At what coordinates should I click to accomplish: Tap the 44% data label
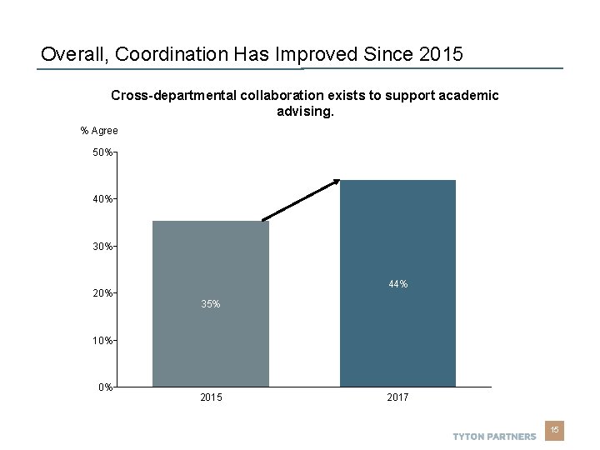tap(397, 285)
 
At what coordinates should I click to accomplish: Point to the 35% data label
tap(211, 304)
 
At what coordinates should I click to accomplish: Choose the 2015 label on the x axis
tap(211, 398)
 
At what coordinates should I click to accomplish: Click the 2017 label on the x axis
tap(397, 398)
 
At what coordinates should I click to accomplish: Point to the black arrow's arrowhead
tap(336, 182)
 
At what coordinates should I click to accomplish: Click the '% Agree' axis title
tap(99, 131)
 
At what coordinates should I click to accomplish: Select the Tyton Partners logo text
tap(494, 437)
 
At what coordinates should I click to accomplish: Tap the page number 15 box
tap(555, 430)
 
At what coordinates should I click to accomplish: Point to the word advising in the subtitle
tap(304, 111)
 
